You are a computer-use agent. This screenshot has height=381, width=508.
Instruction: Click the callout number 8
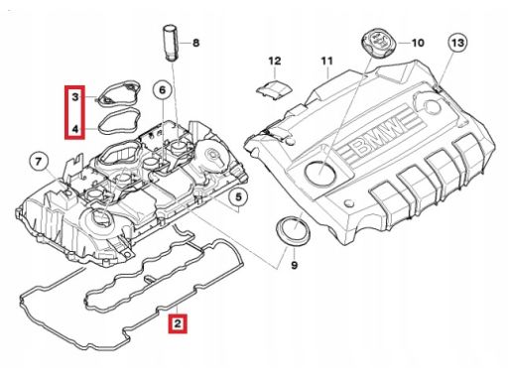pyautogui.click(x=196, y=43)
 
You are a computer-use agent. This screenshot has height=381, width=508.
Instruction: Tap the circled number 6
pyautogui.click(x=163, y=90)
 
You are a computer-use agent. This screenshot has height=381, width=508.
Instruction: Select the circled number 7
pyautogui.click(x=39, y=162)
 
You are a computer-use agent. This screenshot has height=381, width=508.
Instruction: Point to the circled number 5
pyautogui.click(x=238, y=197)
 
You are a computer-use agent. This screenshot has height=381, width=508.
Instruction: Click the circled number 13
pyautogui.click(x=457, y=43)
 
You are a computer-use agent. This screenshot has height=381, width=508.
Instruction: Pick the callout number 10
pyautogui.click(x=418, y=43)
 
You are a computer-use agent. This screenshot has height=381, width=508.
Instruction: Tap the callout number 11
pyautogui.click(x=326, y=61)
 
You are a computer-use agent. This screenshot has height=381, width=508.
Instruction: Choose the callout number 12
pyautogui.click(x=275, y=61)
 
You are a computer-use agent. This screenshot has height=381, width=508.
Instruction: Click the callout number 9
pyautogui.click(x=295, y=265)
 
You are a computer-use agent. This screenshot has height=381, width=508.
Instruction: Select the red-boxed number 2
pyautogui.click(x=178, y=323)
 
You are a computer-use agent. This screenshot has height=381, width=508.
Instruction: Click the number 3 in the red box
pyautogui.click(x=75, y=97)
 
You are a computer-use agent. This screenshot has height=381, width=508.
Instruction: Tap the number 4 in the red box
pyautogui.click(x=75, y=129)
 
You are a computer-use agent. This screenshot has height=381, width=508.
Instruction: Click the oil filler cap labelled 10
pyautogui.click(x=379, y=42)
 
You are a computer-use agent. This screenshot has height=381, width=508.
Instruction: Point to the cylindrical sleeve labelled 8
pyautogui.click(x=171, y=43)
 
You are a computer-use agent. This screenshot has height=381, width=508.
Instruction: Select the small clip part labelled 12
pyautogui.click(x=274, y=88)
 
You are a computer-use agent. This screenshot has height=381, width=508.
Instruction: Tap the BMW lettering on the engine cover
pyautogui.click(x=378, y=137)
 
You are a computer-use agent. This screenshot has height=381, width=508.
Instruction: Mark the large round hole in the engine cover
pyautogui.click(x=320, y=173)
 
